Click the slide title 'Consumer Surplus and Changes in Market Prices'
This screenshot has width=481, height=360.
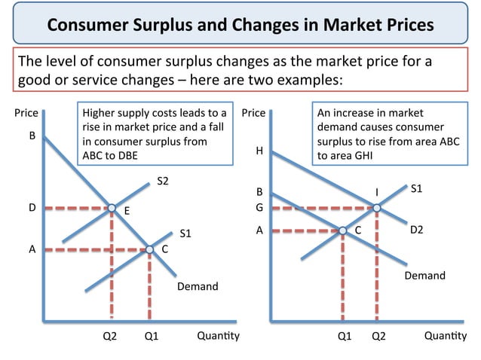tap(240, 25)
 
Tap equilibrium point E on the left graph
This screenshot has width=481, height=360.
tap(112, 207)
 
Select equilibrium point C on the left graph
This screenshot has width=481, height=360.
tap(149, 249)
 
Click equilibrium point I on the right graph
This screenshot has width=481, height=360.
tap(376, 207)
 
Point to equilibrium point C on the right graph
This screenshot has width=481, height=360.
tap(343, 230)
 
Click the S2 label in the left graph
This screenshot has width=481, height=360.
tap(164, 181)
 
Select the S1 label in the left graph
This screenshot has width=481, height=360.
tap(185, 233)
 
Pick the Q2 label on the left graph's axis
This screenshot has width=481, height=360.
tap(110, 336)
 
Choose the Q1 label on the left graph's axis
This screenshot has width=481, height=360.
tap(151, 336)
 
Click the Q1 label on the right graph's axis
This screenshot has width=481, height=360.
tap(345, 336)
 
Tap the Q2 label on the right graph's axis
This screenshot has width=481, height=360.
tap(378, 336)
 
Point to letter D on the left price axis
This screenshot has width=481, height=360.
tap(32, 207)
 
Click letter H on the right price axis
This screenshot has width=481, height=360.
tap(259, 151)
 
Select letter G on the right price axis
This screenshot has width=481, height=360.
tap(259, 207)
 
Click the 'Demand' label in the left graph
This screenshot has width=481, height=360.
tap(198, 286)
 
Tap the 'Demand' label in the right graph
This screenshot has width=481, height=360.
tap(425, 276)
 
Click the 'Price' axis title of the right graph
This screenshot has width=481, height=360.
tap(253, 113)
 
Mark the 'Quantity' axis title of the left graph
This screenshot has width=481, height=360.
tap(218, 336)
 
